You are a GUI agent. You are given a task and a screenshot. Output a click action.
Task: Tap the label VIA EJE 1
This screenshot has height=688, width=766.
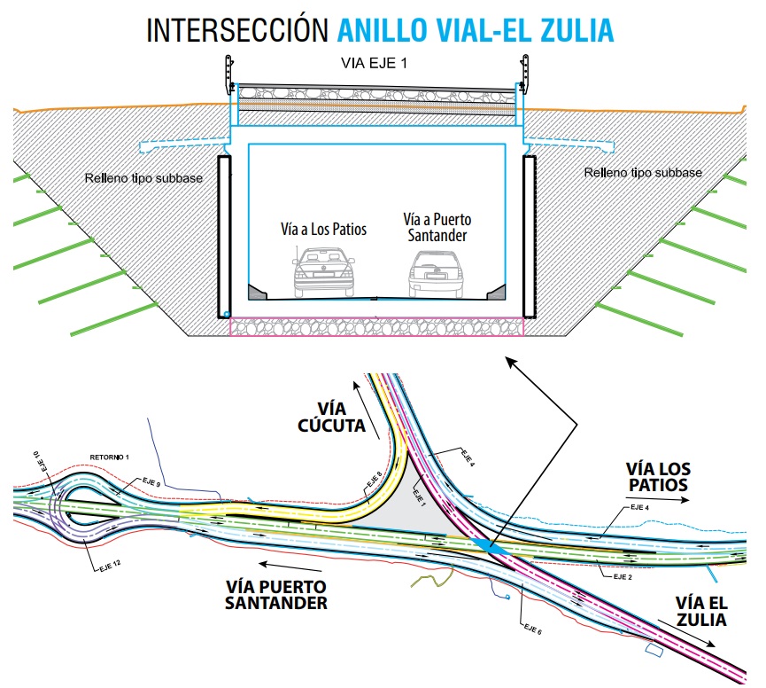375,63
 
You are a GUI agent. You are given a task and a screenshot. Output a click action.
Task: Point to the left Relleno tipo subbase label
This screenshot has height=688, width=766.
143,178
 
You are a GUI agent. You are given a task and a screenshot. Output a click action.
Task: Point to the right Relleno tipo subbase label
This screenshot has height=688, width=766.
643,172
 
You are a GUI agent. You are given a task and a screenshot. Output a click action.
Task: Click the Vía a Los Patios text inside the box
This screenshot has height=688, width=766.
324,230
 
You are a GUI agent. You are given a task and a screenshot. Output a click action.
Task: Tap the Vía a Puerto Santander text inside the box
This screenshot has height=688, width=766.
437,228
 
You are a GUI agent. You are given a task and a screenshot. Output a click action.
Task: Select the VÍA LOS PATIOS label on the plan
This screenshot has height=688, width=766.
657,477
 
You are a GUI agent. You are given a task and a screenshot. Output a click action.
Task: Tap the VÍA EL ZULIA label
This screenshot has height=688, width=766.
700,610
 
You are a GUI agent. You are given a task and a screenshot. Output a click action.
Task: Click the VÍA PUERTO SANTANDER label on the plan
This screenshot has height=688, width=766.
276,595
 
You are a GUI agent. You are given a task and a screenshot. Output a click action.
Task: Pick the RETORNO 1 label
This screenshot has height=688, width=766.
110,457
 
